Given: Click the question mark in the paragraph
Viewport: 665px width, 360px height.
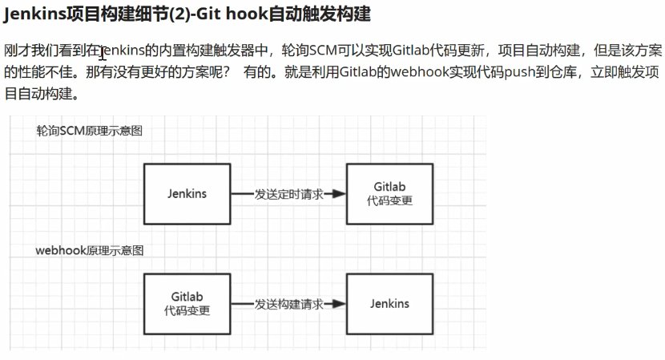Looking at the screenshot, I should coord(227,72).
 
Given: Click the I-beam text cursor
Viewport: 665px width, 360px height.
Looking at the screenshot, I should coord(103,53).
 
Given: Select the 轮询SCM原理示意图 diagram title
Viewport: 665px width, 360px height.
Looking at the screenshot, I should coord(89,131).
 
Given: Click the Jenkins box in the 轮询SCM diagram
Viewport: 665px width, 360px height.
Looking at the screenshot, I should coord(187,193).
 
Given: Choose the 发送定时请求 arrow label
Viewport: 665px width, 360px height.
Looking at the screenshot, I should coord(288,194).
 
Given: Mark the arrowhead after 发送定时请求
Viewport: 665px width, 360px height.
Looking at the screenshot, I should coord(339,194).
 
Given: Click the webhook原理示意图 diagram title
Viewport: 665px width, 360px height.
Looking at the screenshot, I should coord(90,250).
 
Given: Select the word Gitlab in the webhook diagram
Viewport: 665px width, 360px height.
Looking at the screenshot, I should coord(187,297).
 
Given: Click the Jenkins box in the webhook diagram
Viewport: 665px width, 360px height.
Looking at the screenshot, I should coord(389,304).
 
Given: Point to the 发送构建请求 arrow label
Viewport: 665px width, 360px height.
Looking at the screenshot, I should coord(288,305).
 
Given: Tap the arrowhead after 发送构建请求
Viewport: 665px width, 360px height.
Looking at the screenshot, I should coord(339,305).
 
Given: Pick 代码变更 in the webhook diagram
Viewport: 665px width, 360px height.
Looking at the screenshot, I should coord(187,311).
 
